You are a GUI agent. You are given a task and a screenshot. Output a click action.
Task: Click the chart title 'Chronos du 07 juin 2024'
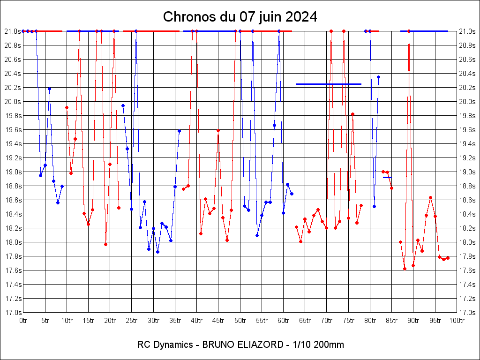tap(240, 17)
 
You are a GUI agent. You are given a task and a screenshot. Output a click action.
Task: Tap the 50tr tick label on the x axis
tap(240, 321)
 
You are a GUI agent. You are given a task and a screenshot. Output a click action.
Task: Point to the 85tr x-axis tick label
tap(391, 321)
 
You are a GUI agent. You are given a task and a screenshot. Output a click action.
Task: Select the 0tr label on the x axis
tap(23, 321)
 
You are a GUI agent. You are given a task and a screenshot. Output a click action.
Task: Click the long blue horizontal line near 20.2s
tap(329, 84)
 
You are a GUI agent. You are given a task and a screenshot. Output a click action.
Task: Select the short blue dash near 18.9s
tap(387, 178)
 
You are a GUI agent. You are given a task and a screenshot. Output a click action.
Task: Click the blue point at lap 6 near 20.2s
tap(49, 89)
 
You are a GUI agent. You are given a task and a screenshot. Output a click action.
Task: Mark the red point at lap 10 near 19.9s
tap(67, 107)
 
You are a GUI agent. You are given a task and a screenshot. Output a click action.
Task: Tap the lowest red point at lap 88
tap(405, 269)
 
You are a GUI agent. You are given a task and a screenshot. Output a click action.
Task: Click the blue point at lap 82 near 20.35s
tap(378, 77)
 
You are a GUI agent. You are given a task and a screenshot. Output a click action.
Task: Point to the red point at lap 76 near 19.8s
tap(352, 114)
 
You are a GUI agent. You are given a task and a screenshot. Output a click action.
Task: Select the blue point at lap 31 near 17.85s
tap(157, 252)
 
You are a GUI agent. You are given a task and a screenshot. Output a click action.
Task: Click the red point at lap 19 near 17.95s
tap(105, 244)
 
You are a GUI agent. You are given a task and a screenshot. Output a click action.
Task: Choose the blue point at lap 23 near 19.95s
tap(123, 105)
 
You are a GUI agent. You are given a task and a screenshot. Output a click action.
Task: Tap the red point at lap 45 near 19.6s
tap(218, 130)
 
